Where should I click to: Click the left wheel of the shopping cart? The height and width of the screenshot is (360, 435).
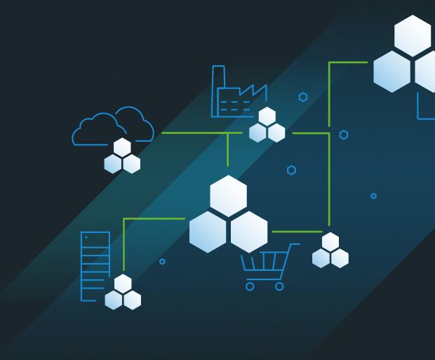click(250, 286)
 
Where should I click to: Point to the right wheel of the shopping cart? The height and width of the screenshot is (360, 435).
click(279, 286)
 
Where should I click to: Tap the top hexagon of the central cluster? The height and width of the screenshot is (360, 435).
click(228, 196)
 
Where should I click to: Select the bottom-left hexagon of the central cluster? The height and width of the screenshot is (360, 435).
click(208, 232)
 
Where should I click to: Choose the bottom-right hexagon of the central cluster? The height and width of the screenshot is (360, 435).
click(249, 232)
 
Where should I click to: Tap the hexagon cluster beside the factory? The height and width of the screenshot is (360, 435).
click(267, 126)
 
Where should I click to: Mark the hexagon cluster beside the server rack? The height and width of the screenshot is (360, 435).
click(123, 293)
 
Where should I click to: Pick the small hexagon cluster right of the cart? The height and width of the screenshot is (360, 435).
click(330, 251)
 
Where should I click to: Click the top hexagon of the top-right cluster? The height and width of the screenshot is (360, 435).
click(413, 35)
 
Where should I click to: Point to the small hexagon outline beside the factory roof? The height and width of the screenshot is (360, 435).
click(303, 97)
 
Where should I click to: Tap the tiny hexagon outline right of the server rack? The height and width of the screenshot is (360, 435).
click(162, 262)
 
